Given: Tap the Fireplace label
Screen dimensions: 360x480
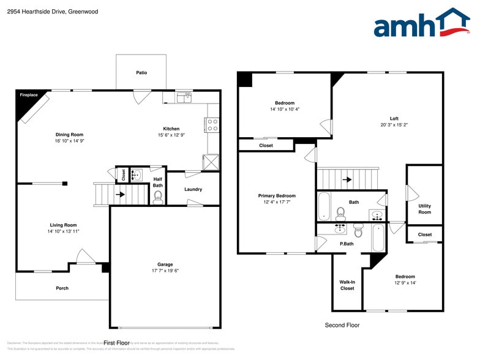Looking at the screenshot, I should click(x=29, y=95).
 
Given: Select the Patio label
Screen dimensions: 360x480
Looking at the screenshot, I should click(x=141, y=73).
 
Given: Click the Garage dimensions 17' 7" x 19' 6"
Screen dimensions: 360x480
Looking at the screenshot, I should click(x=165, y=271).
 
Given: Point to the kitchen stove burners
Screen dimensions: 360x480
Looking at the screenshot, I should click(x=212, y=125).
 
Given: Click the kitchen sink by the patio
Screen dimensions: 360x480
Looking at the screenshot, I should click(x=184, y=97).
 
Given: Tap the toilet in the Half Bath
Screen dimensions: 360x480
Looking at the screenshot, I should click(x=157, y=196).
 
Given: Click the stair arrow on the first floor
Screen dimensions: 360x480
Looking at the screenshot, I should click(x=120, y=195).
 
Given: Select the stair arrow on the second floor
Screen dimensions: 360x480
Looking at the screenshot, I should click(x=347, y=180).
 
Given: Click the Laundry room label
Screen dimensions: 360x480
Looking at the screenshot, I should click(x=193, y=189).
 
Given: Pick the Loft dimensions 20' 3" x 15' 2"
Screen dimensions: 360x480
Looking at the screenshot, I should click(x=394, y=125).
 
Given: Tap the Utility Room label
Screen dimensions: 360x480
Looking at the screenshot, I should click(x=424, y=209).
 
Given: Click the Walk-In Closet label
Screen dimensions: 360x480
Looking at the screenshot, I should click(x=347, y=285).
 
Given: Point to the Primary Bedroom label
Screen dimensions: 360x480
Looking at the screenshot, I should click(x=277, y=196).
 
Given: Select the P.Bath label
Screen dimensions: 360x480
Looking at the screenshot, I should click(x=347, y=244).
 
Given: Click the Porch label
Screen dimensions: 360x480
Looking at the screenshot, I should click(x=62, y=288).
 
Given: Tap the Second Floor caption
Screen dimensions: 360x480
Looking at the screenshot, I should click(x=342, y=326).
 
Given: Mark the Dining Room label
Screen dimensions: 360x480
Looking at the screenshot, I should click(x=69, y=134).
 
